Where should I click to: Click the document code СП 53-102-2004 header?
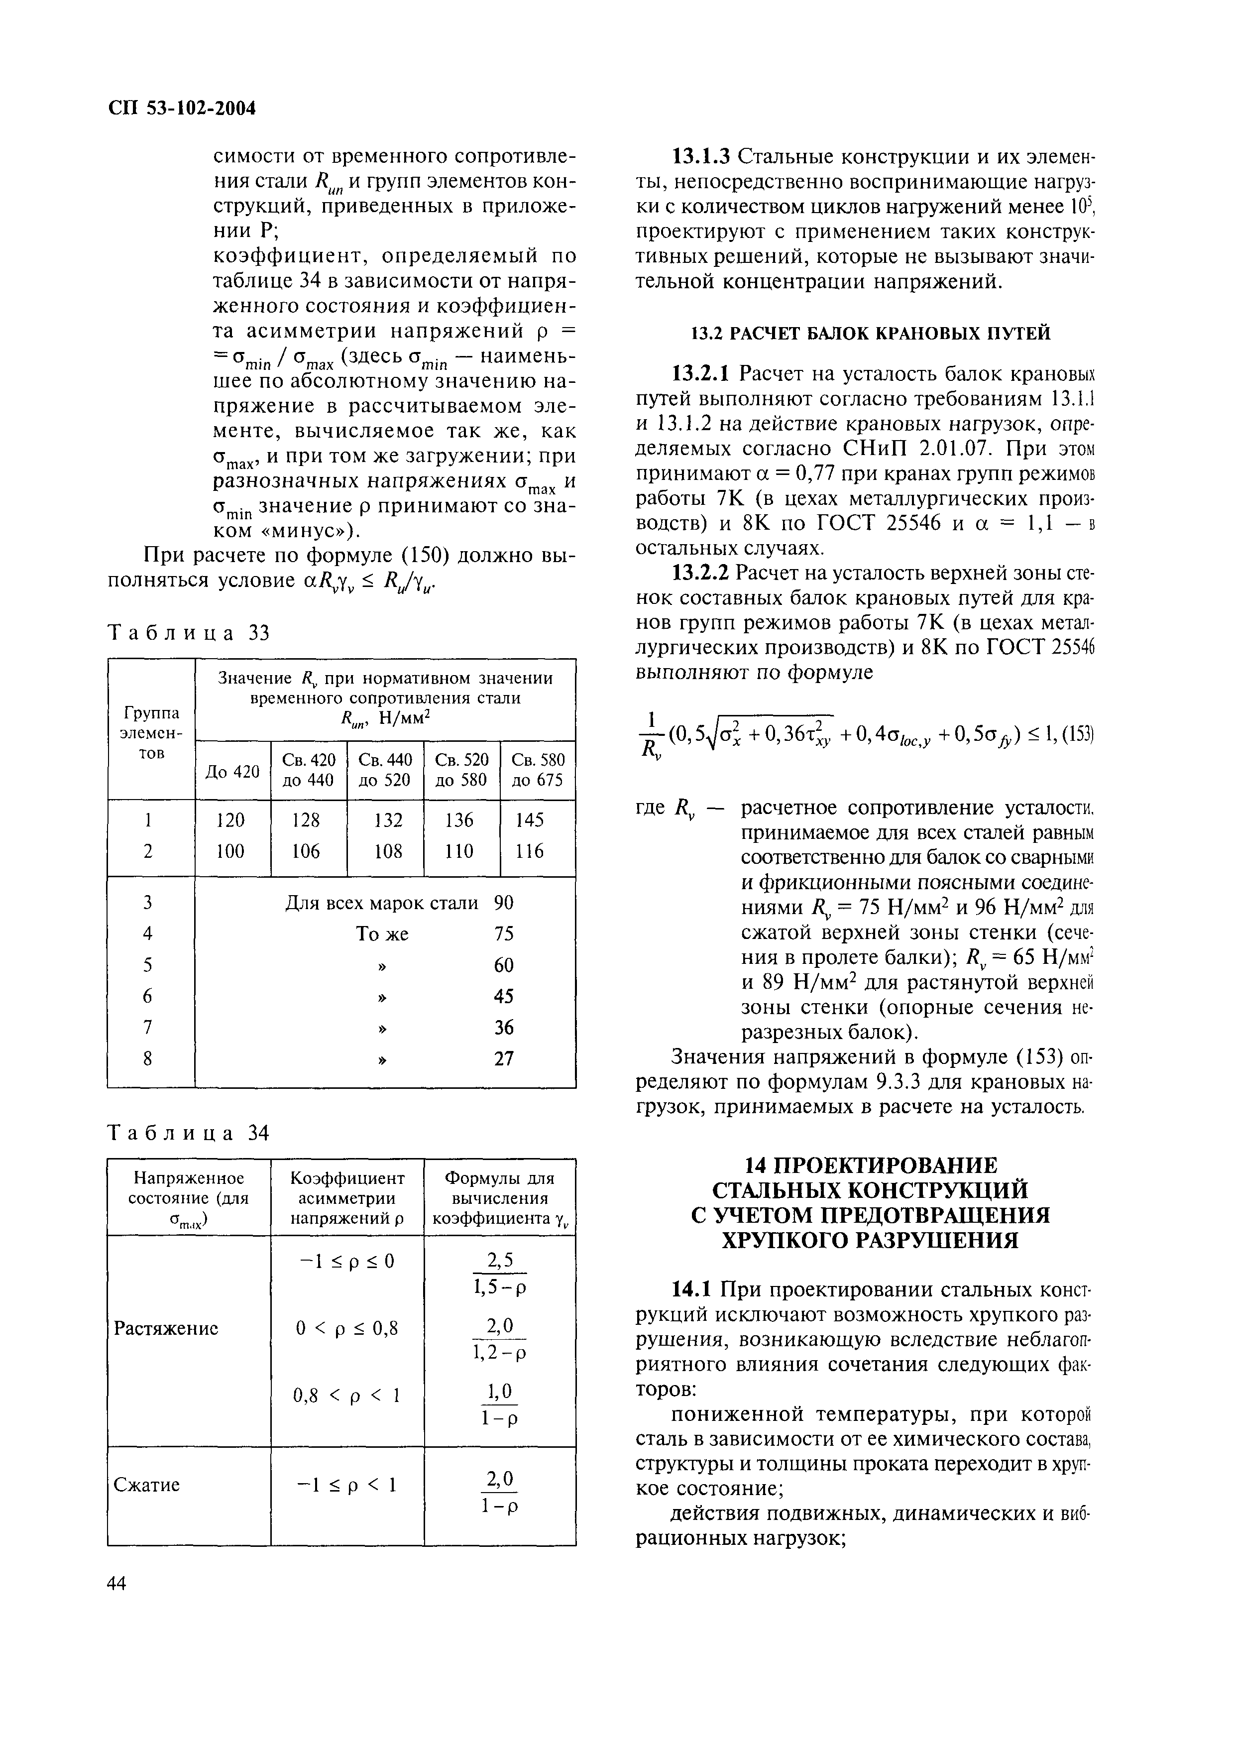coord(182,109)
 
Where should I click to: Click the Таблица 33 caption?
coord(190,633)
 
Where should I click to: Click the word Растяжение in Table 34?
coord(167,1328)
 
